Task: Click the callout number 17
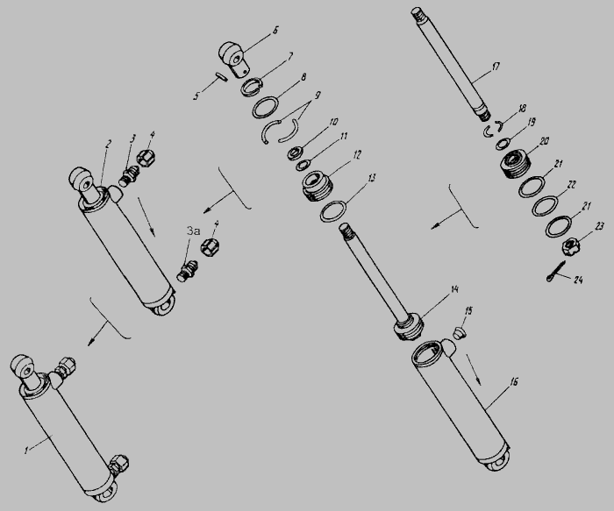pyautogui.click(x=496, y=67)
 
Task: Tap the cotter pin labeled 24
pyautogui.click(x=556, y=271)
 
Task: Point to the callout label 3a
pyautogui.click(x=194, y=231)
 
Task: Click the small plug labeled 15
pyautogui.click(x=460, y=334)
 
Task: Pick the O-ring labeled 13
pyautogui.click(x=332, y=211)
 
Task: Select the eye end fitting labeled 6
pyautogui.click(x=234, y=60)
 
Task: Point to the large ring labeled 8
pyautogui.click(x=266, y=107)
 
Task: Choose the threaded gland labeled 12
pyautogui.click(x=318, y=186)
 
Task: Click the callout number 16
pyautogui.click(x=514, y=381)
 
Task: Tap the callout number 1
pyautogui.click(x=26, y=450)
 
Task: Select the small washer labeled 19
pyautogui.click(x=502, y=144)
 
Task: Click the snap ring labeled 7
pyautogui.click(x=252, y=87)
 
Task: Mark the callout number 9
pyautogui.click(x=318, y=95)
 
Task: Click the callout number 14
pyautogui.click(x=454, y=289)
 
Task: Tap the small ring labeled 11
pyautogui.click(x=302, y=165)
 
